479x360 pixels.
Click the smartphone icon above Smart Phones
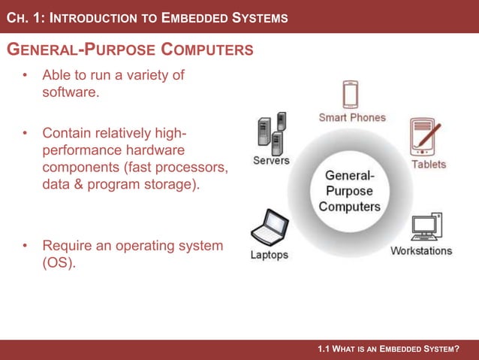coord(351,95)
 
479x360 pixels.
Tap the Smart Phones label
coord(352,117)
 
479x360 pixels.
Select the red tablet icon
coord(424,137)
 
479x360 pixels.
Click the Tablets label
coord(428,164)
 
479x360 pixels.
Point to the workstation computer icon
coord(426,228)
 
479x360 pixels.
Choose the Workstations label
coord(421,250)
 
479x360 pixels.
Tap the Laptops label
coord(269,255)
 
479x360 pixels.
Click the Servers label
coord(271,160)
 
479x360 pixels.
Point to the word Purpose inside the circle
coord(349,190)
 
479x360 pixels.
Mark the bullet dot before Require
coord(25,246)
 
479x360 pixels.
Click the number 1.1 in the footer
coord(324,349)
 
